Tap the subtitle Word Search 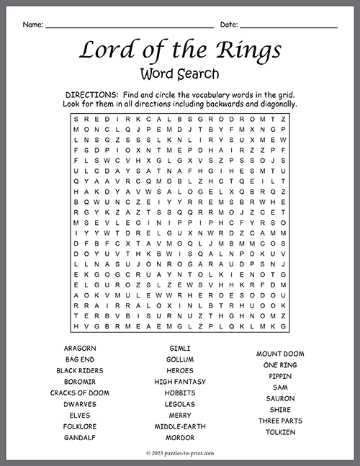[180, 73]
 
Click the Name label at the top [32, 24]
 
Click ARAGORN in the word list [80, 348]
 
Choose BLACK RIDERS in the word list [80, 370]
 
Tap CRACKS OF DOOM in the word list [80, 393]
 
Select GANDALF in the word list [80, 437]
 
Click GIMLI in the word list [180, 348]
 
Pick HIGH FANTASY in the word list [180, 381]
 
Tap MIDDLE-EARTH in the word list [180, 426]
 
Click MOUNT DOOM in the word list [280, 354]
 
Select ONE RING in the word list [280, 364]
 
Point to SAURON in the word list [280, 398]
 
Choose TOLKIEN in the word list [280, 431]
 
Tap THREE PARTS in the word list [280, 421]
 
